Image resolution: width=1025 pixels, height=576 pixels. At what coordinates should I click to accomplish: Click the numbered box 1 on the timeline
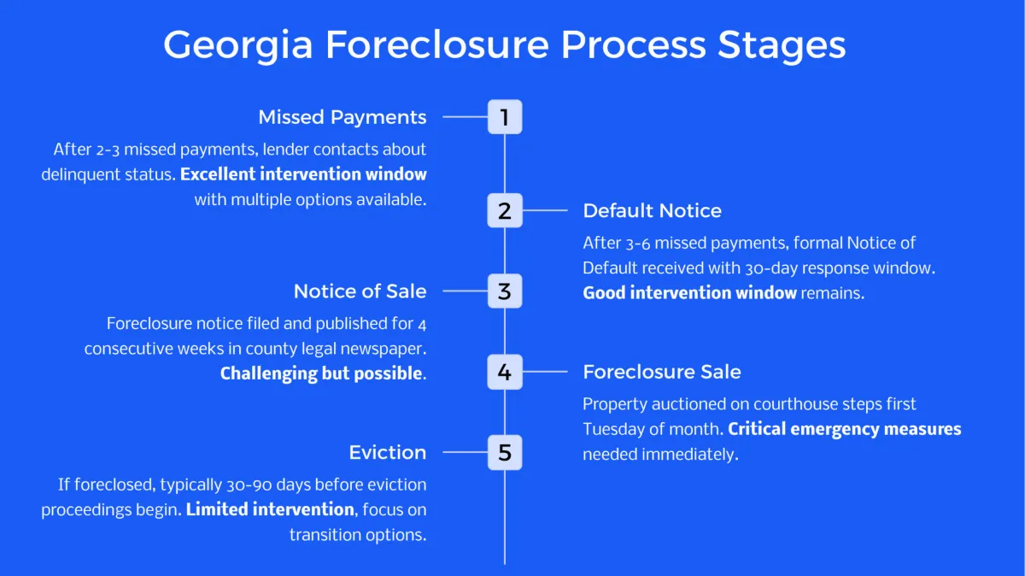point(504,117)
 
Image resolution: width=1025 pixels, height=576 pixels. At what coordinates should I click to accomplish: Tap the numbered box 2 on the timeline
point(504,210)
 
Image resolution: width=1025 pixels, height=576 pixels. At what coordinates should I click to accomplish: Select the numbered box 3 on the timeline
point(504,291)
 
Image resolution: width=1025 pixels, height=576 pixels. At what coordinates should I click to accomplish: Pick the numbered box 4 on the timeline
point(504,372)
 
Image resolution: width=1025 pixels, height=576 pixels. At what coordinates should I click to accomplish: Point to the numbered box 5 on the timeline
point(504,452)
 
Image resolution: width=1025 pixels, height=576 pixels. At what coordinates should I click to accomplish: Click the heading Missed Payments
point(342,117)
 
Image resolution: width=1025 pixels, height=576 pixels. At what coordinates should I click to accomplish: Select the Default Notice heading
point(652,211)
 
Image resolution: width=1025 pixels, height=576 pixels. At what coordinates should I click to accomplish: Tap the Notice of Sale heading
point(360,291)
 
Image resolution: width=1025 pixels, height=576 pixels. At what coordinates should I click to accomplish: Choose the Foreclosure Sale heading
point(661,372)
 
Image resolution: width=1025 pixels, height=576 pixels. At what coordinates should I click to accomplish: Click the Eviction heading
point(387,452)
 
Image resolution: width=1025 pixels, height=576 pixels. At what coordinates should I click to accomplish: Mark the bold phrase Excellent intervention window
point(303,174)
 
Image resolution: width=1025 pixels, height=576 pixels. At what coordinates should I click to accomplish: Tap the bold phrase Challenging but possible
point(321,373)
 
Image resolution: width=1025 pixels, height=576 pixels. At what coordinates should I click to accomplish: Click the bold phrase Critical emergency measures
point(845,429)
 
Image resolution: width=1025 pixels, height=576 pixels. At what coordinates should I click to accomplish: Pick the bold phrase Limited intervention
point(270,509)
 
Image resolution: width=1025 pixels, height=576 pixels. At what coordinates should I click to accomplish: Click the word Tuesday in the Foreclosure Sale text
point(612,429)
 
